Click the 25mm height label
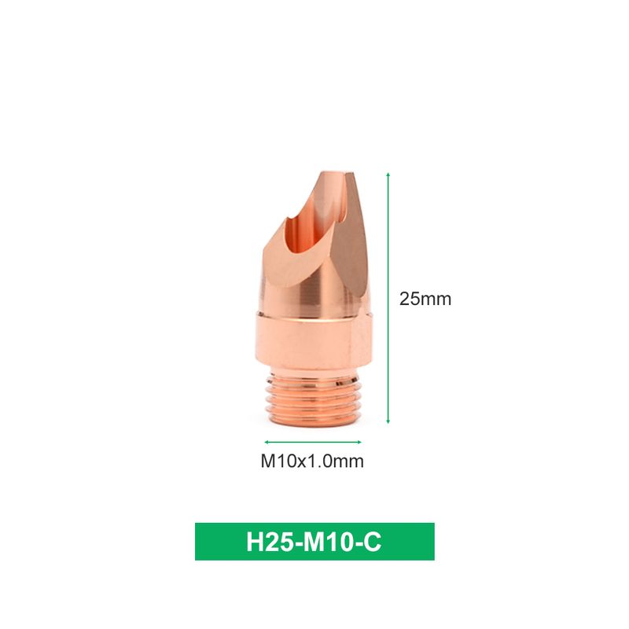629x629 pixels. pos(425,300)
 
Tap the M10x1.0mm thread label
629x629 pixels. pos(312,462)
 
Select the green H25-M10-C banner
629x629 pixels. pos(314,541)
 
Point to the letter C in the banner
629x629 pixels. pos(373,542)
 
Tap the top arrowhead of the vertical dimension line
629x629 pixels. pos(388,175)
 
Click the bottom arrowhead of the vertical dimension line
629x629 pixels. pos(388,421)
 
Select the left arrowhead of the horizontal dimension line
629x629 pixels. pos(267,442)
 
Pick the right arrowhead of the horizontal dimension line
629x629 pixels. pos(359,442)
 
